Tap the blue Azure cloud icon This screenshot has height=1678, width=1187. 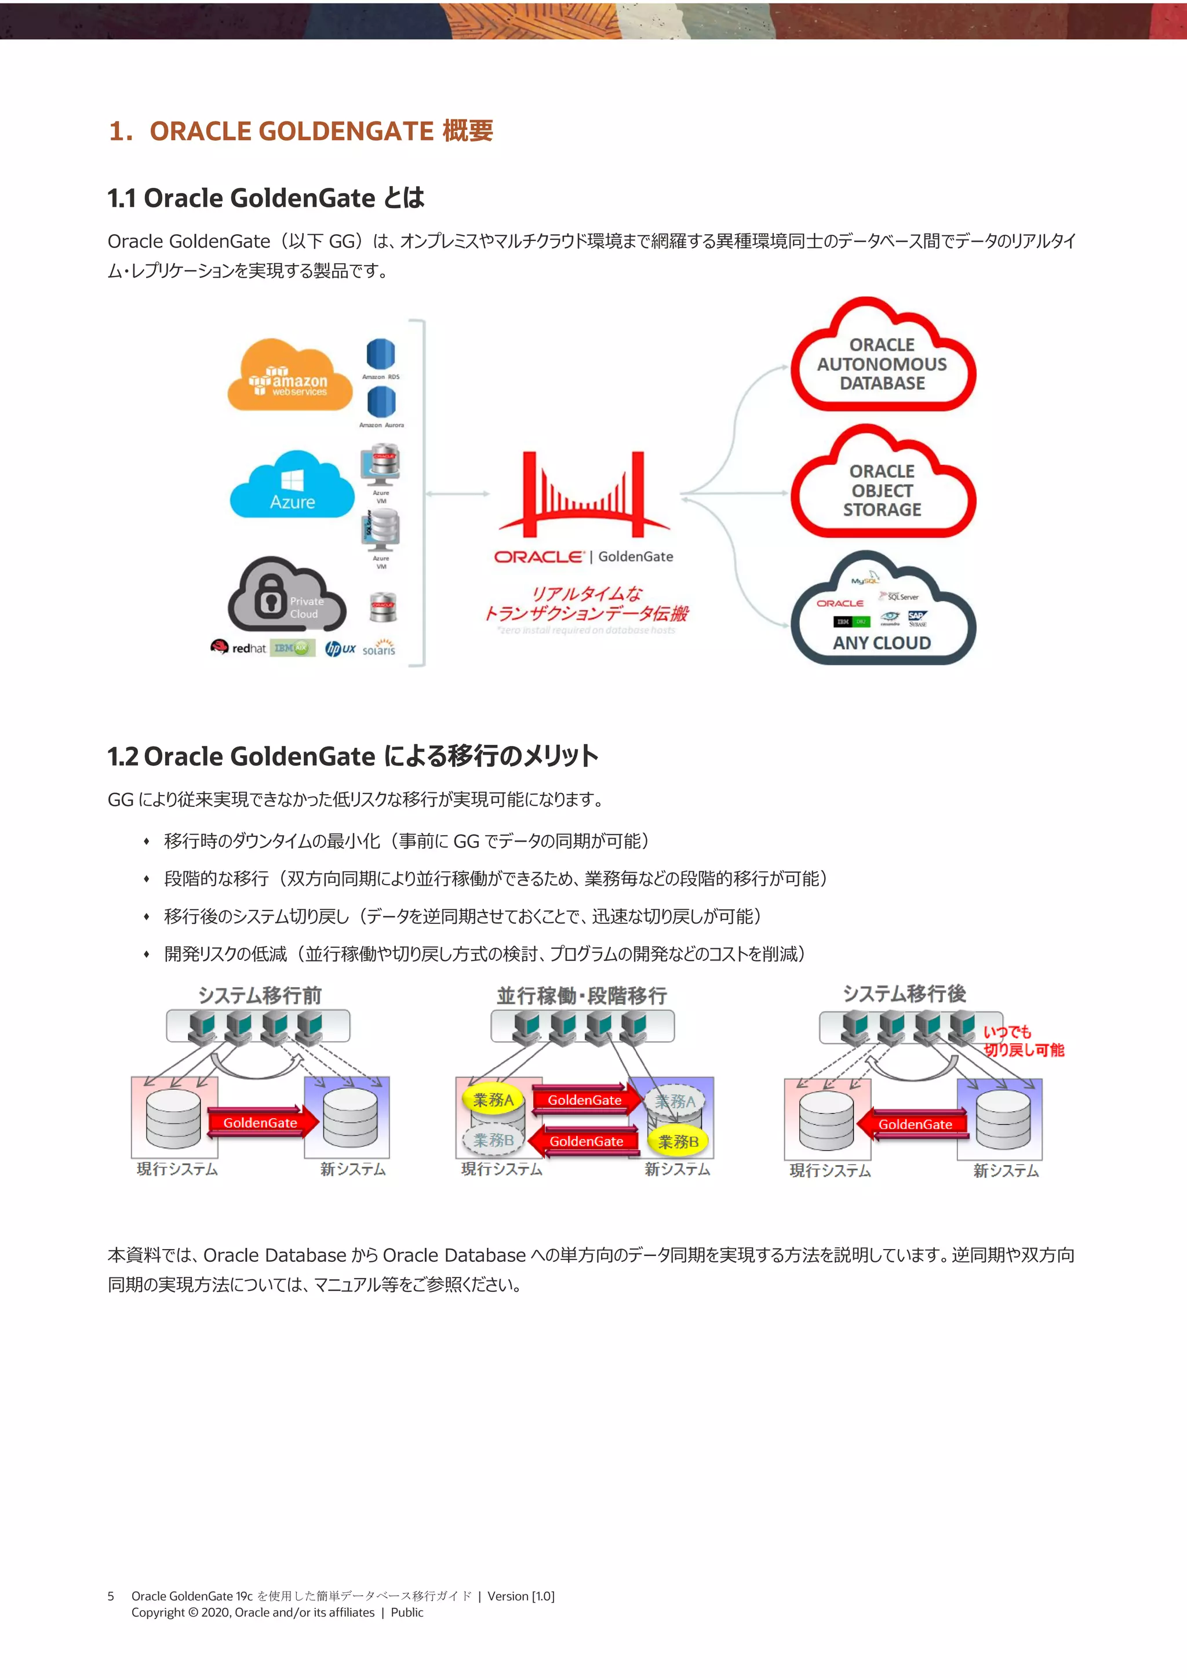click(x=292, y=485)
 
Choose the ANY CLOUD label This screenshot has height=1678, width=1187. click(x=882, y=643)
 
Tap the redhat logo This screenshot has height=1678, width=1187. click(x=238, y=647)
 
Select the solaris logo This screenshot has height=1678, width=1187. click(x=378, y=647)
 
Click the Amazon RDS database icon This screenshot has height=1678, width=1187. click(x=381, y=355)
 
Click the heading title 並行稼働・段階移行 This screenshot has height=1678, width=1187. click(x=582, y=995)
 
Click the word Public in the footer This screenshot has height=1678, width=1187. click(x=407, y=1613)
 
